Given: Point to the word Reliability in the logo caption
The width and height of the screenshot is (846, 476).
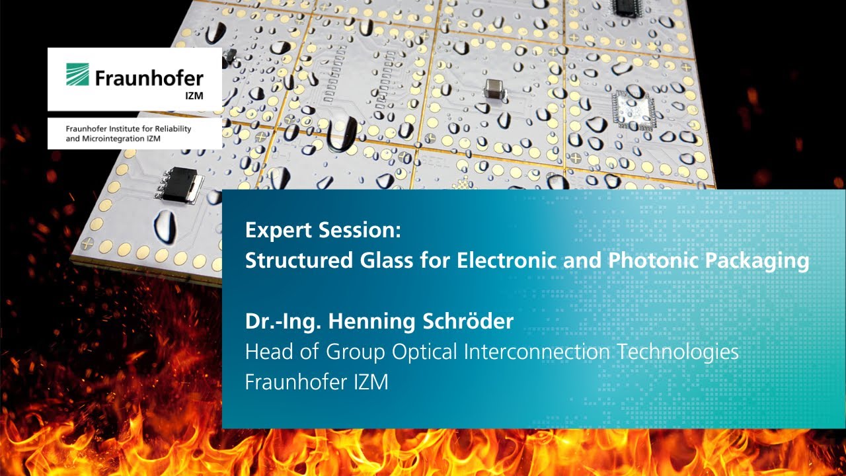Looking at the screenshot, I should tap(171, 129).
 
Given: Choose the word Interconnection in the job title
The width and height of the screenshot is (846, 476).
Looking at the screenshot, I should tap(537, 352).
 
